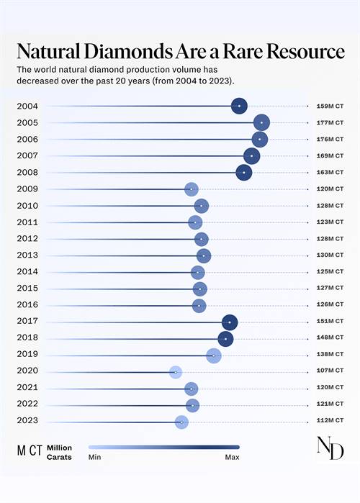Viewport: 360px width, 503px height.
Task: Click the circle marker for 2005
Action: click(x=261, y=123)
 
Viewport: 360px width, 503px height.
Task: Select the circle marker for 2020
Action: click(x=176, y=372)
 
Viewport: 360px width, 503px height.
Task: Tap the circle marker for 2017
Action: click(x=230, y=322)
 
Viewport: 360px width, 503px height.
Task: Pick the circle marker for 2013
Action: click(x=204, y=255)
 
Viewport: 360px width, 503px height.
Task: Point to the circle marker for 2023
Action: click(x=181, y=422)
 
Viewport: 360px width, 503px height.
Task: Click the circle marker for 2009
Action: click(x=191, y=189)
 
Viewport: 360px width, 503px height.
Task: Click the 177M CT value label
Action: click(x=330, y=123)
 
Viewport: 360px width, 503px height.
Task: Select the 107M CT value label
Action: click(x=330, y=372)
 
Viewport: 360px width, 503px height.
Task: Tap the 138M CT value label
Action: click(x=330, y=355)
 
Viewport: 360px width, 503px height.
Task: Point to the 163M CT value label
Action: click(x=330, y=173)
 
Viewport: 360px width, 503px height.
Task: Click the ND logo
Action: click(x=330, y=448)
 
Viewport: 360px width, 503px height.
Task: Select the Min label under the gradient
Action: click(x=94, y=457)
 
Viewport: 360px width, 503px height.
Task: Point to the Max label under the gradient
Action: click(x=232, y=457)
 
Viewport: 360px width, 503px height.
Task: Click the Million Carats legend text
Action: click(x=59, y=453)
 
